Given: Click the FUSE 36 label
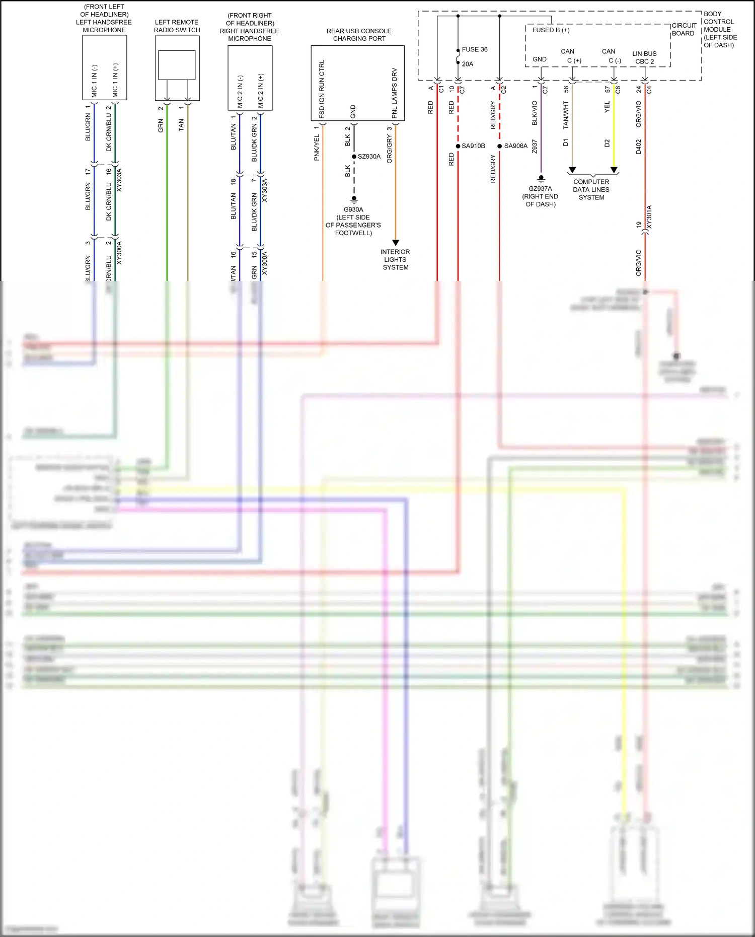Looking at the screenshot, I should click(474, 49).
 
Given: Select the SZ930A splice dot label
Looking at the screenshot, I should click(369, 157).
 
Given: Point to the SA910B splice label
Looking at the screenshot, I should click(473, 146).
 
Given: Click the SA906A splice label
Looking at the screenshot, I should click(515, 146).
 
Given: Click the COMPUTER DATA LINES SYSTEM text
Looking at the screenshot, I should click(591, 190).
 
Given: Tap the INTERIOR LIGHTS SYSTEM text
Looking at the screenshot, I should click(395, 259).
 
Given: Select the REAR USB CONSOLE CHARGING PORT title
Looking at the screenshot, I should click(359, 35).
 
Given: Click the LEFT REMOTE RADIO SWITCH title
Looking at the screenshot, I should click(177, 26).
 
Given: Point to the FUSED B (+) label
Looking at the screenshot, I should click(551, 30).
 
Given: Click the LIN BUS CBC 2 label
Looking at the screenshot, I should click(644, 57).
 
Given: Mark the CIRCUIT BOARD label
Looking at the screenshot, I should click(684, 29).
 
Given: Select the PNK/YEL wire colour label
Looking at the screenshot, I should click(317, 148).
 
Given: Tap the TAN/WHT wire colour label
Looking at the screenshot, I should click(566, 114).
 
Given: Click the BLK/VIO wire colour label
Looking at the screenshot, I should click(535, 113).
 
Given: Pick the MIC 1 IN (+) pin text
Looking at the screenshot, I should click(115, 81).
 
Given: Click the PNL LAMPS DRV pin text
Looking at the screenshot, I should click(395, 93).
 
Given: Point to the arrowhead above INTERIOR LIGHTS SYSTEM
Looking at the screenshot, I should click(396, 243).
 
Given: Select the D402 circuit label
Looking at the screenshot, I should click(638, 147).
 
